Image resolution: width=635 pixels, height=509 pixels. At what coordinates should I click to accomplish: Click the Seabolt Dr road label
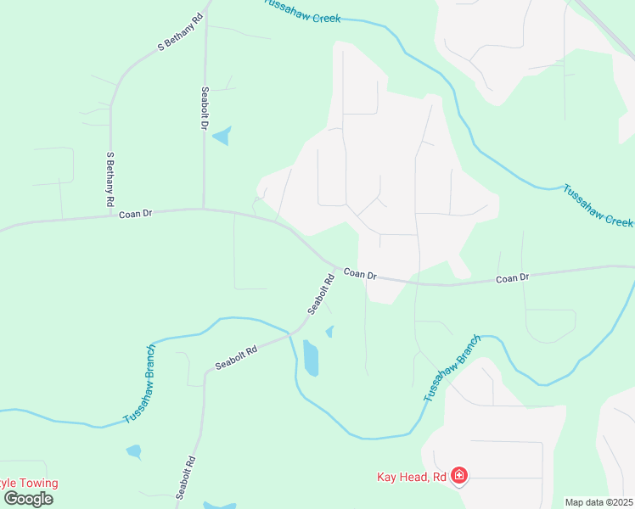point(205,109)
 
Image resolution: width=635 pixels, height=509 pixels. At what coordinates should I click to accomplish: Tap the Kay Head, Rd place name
point(412,477)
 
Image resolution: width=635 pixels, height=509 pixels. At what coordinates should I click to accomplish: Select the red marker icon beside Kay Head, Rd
point(459,475)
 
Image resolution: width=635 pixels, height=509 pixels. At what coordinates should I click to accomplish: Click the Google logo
point(28,498)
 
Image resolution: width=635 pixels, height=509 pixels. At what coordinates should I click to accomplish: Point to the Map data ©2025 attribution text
point(599,502)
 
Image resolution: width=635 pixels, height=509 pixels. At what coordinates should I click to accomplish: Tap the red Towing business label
point(29,484)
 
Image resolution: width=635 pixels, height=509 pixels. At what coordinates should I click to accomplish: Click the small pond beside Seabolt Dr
point(222,136)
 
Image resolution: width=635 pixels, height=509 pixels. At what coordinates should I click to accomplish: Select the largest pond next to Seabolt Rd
point(311,358)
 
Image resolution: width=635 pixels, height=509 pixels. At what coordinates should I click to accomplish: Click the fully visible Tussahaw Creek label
point(598,204)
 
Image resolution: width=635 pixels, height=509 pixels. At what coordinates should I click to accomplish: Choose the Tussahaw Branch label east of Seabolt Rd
point(452,368)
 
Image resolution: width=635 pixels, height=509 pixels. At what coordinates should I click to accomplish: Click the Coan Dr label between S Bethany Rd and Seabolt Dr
point(135,215)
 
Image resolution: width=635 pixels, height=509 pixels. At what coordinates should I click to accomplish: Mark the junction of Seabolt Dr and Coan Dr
point(203,209)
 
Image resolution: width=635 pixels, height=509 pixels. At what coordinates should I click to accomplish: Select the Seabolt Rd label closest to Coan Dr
point(320,294)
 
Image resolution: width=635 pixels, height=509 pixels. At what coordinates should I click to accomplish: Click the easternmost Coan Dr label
point(512,277)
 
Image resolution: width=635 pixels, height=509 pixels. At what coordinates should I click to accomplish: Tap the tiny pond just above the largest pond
point(329,332)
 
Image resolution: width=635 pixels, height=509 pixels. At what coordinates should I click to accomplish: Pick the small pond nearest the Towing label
point(134,450)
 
